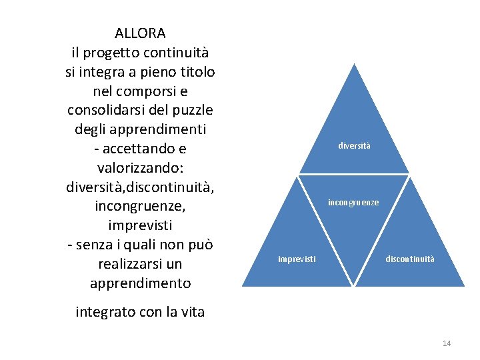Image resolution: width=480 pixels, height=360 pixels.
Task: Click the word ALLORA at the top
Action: pyautogui.click(x=140, y=33)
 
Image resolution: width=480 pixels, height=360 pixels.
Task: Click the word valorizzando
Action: pyautogui.click(x=140, y=167)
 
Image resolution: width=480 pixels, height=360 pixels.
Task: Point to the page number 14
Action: pyautogui.click(x=447, y=343)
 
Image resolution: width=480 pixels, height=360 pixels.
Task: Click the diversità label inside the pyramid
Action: pyautogui.click(x=354, y=145)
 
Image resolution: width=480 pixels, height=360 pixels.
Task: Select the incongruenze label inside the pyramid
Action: pyautogui.click(x=353, y=202)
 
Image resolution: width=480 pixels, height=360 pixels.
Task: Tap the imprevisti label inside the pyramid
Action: pyautogui.click(x=297, y=259)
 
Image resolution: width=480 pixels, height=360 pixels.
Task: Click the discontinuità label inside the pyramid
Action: pyautogui.click(x=409, y=259)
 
